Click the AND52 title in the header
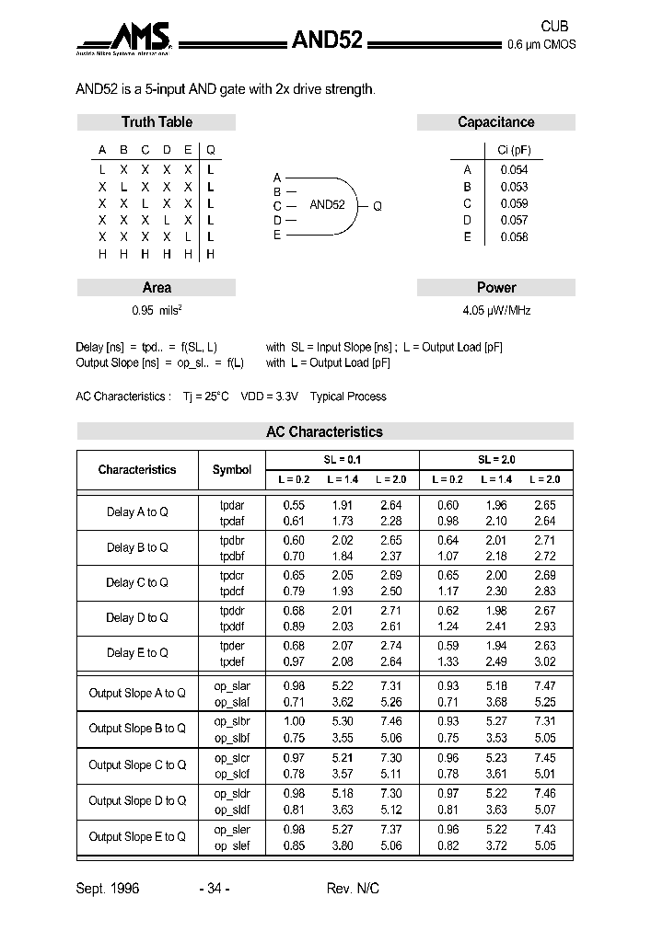(327, 40)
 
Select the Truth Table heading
(157, 122)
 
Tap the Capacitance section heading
(495, 122)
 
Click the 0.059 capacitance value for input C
(514, 203)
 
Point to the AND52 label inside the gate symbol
(327, 205)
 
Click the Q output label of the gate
(378, 206)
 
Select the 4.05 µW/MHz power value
(496, 311)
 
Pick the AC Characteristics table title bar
(324, 431)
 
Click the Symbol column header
(232, 470)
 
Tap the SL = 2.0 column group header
(496, 459)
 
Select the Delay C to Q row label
(137, 582)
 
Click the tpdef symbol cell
(232, 661)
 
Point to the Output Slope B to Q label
(137, 729)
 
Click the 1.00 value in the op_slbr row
(294, 722)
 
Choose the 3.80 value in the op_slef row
(343, 845)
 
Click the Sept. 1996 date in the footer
(107, 889)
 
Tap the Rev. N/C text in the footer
(353, 889)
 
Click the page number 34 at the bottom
(214, 889)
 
